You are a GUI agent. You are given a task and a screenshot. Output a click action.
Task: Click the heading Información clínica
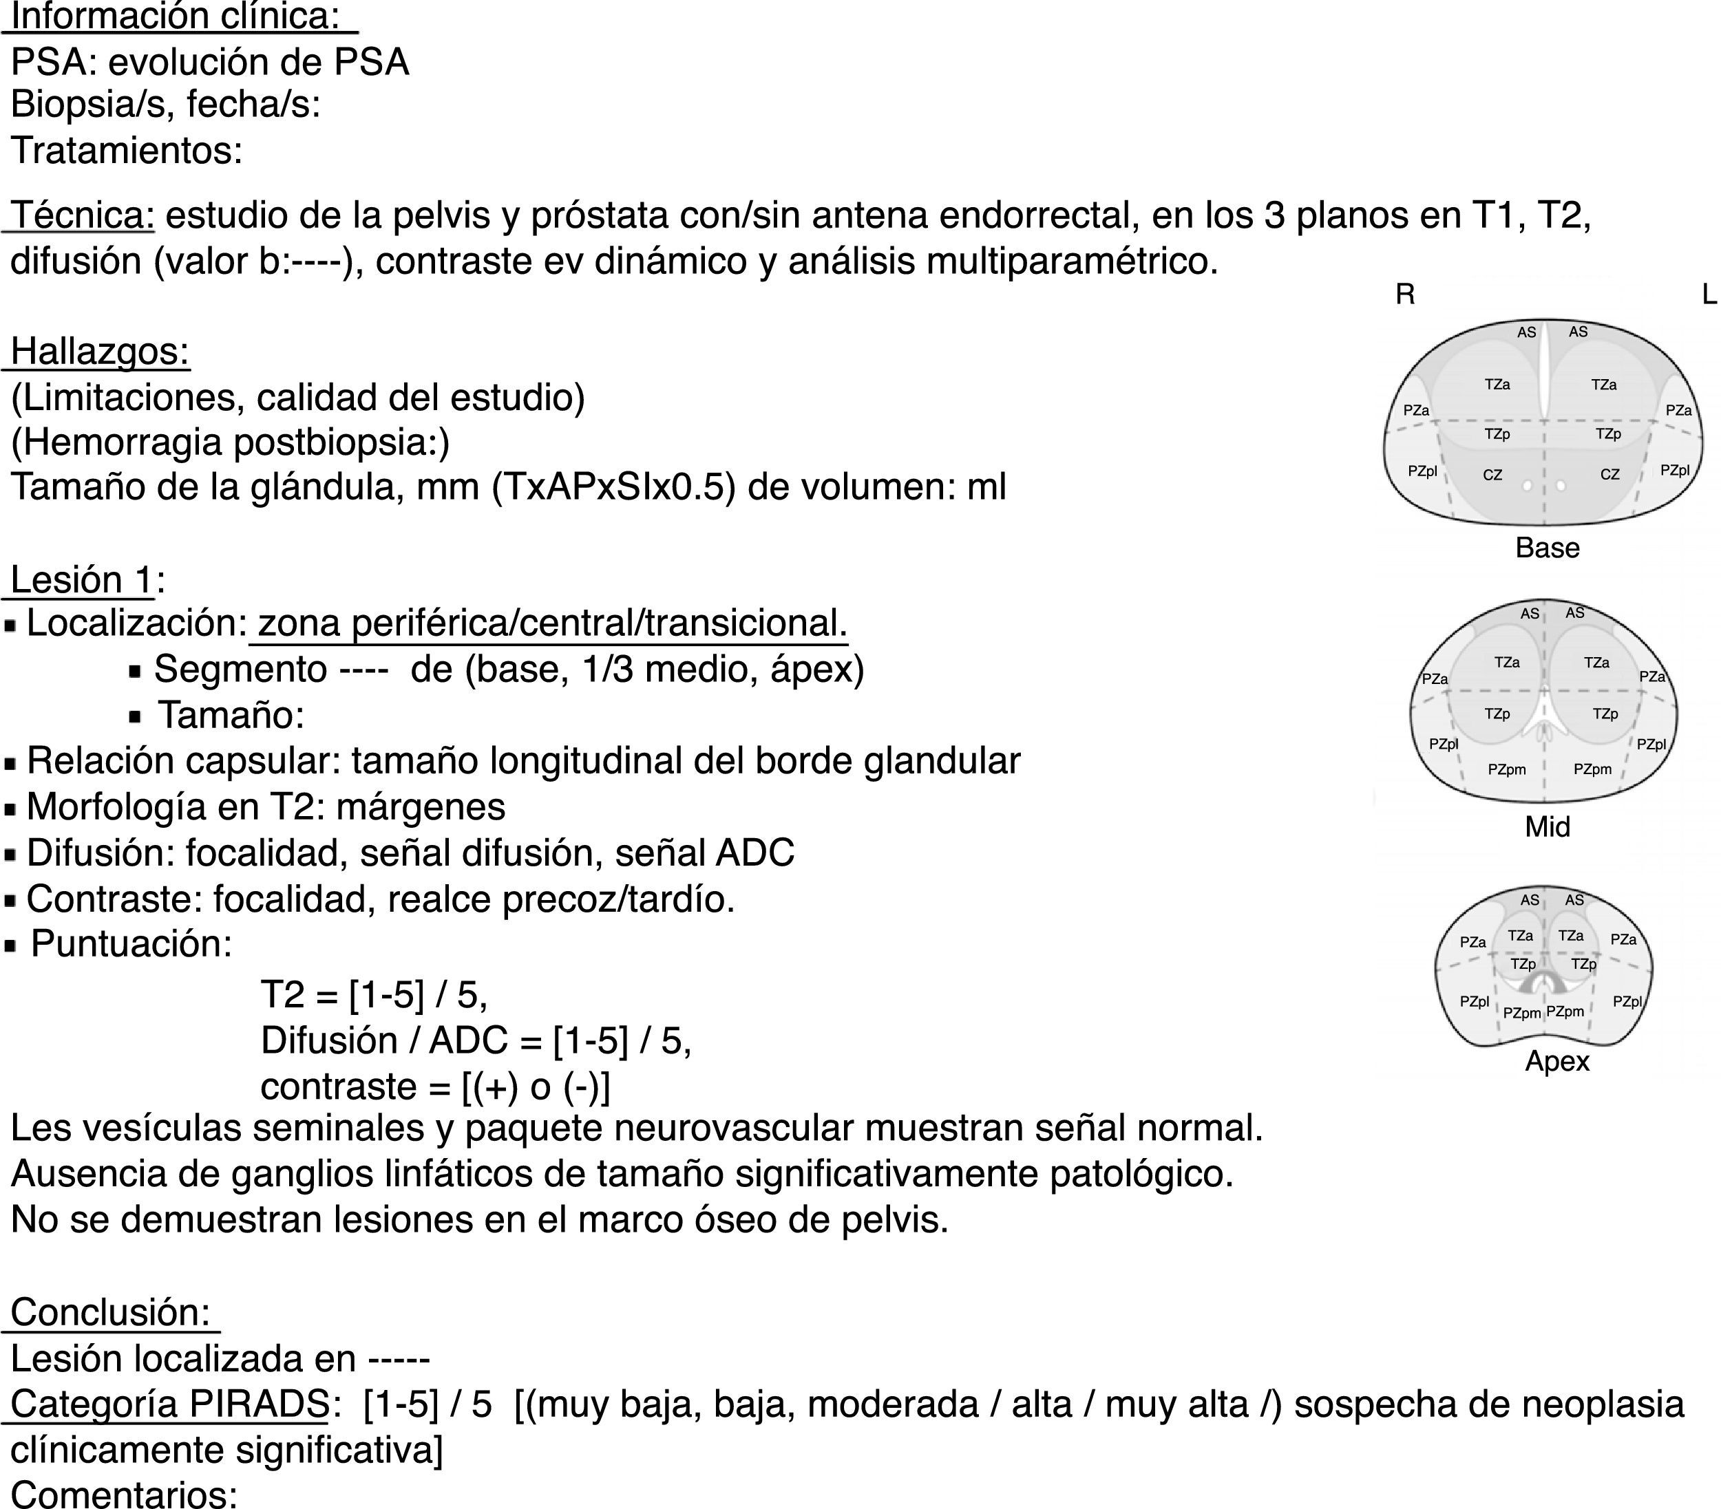(175, 16)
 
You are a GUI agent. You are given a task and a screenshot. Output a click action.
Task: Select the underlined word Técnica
(83, 215)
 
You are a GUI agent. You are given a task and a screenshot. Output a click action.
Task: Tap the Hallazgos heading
(99, 351)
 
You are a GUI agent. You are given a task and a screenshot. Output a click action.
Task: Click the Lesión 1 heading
(83, 580)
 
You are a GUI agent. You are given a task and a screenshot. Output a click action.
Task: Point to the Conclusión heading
(110, 1312)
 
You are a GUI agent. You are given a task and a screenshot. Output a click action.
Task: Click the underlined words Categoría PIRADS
(169, 1404)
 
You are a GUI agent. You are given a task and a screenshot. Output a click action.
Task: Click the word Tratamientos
(126, 151)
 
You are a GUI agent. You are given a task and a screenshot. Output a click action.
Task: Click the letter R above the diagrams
(1404, 295)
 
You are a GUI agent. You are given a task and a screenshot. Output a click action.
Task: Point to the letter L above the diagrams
(1709, 295)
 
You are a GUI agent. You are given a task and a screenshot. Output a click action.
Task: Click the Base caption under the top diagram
(1547, 548)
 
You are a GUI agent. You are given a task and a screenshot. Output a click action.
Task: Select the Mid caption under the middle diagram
(1547, 827)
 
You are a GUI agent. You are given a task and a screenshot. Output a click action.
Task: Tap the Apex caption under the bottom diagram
(1556, 1061)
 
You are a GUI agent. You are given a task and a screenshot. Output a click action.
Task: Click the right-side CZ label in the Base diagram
(1609, 475)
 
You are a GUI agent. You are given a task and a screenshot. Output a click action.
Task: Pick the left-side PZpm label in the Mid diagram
(1506, 769)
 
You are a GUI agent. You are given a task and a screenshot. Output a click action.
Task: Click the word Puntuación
(131, 944)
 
